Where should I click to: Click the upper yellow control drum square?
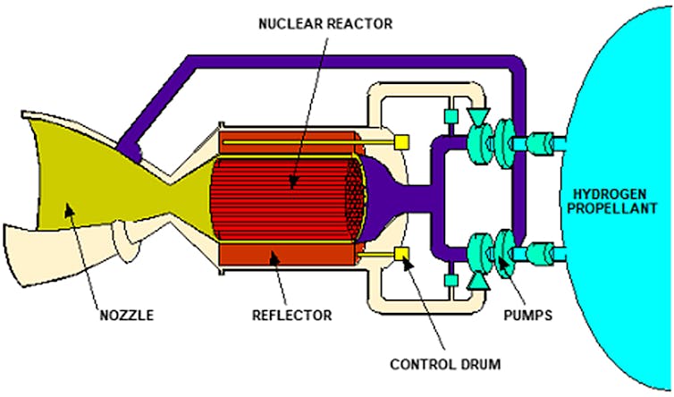[401, 141]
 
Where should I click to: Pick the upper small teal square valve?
[451, 116]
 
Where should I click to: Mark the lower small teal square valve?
[451, 281]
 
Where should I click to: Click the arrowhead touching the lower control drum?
[404, 260]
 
